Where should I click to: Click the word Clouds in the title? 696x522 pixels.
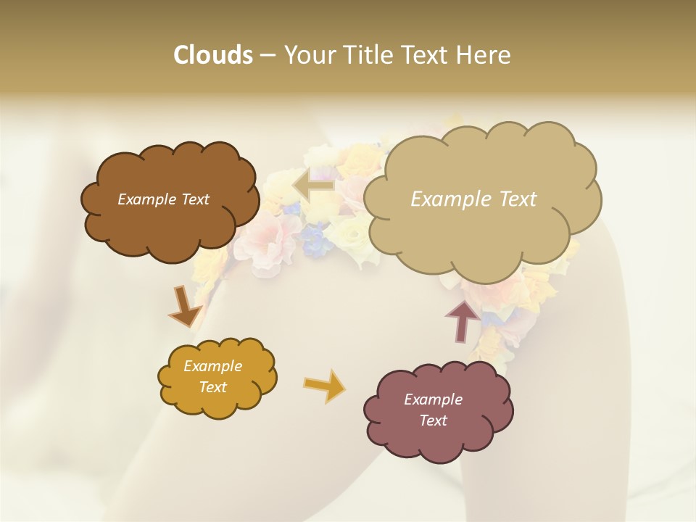212,55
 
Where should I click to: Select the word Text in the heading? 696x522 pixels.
428,55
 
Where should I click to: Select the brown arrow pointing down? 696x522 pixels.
184,307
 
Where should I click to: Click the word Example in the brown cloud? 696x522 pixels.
146,199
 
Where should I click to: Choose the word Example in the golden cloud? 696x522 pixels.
212,366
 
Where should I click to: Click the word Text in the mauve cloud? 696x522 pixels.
433,420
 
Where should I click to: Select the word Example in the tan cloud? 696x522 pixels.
452,199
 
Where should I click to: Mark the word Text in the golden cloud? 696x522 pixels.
212,387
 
